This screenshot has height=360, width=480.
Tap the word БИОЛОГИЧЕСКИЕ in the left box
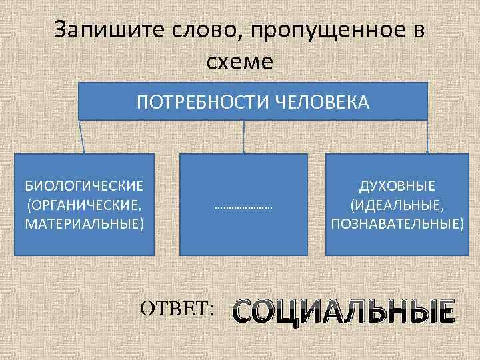[x=84, y=184]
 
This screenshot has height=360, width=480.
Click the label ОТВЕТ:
[x=177, y=308]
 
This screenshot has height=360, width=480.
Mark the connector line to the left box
[x=83, y=137]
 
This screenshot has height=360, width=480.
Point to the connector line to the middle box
[x=243, y=137]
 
